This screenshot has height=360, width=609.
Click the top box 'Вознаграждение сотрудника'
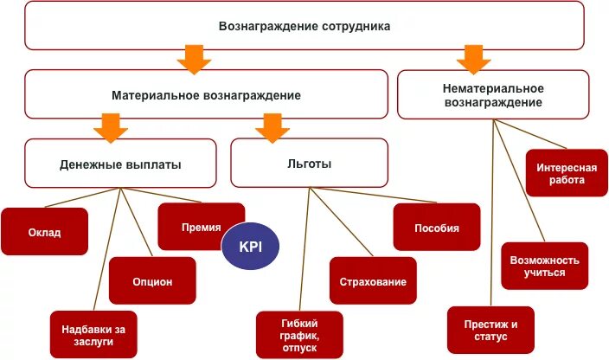tap(304, 26)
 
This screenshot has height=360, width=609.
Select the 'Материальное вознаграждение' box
tap(206, 94)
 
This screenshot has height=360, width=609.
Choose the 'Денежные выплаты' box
tap(120, 164)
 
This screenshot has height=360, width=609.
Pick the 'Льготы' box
tap(309, 164)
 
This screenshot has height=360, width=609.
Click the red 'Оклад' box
tap(44, 232)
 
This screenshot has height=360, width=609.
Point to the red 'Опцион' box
tap(152, 281)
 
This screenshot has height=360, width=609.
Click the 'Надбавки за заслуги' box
tap(93, 334)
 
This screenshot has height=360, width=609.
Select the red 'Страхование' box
tap(373, 281)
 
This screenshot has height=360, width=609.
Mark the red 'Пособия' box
tap(436, 228)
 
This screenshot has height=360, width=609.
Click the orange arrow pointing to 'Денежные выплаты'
tap(111, 125)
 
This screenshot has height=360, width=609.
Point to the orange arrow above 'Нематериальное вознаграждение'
tap(473, 58)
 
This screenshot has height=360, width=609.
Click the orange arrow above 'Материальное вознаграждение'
tap(194, 60)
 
